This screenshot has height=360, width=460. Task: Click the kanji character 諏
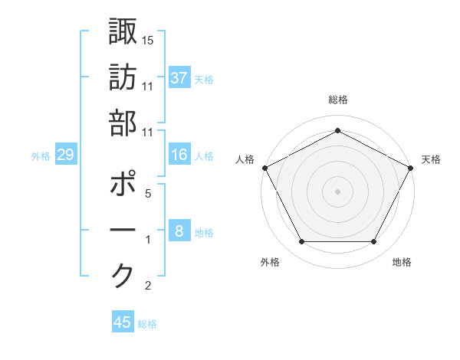(x=123, y=34)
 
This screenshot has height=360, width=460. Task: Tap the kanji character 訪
(x=123, y=78)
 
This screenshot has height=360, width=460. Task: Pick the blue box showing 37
(x=179, y=78)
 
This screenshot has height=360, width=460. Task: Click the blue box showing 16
(x=179, y=155)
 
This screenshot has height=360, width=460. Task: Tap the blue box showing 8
(x=179, y=232)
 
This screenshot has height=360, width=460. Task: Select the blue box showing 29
(x=65, y=155)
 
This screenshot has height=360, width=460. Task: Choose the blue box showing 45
(x=123, y=322)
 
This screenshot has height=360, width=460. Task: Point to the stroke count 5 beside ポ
(x=148, y=194)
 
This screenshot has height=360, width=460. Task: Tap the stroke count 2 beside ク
(x=148, y=286)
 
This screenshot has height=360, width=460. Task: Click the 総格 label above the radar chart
(x=337, y=100)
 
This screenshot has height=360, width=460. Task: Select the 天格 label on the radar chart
(x=431, y=160)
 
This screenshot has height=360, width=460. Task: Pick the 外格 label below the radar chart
(x=270, y=263)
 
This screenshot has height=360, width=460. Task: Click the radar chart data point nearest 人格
(x=265, y=168)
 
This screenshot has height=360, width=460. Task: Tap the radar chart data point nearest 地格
(x=374, y=242)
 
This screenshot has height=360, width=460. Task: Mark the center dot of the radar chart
(x=337, y=191)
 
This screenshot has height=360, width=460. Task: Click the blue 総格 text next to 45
(x=148, y=324)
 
